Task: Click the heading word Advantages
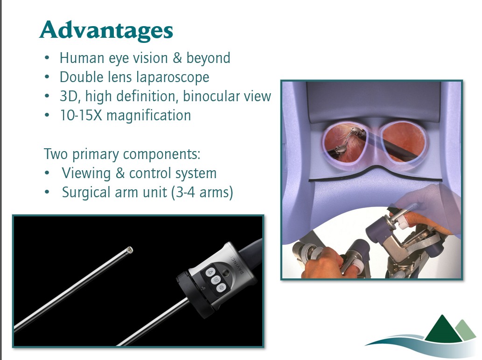click(106, 30)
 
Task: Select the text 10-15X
click(81, 116)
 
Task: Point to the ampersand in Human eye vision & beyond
click(177, 58)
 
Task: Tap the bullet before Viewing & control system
click(47, 173)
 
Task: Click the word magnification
click(149, 116)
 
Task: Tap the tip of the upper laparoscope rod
click(130, 249)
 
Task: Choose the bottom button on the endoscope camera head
click(221, 288)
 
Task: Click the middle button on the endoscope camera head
click(216, 280)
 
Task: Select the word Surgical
click(86, 193)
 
